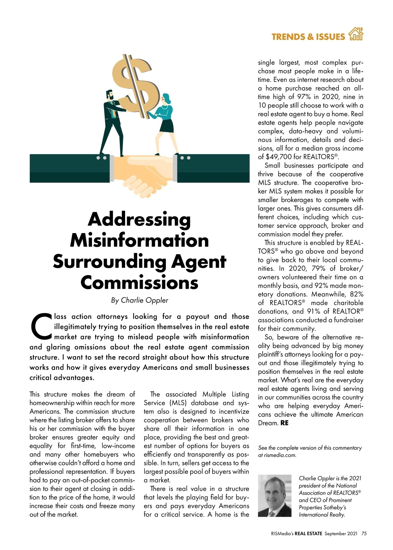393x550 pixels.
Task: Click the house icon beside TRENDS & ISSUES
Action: point(356,34)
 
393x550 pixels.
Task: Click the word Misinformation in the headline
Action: point(139,241)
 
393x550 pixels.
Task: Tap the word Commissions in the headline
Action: point(139,283)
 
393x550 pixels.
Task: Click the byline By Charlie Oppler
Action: point(140,300)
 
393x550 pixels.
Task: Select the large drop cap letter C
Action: point(41,327)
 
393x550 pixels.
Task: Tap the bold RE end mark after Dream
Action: point(284,423)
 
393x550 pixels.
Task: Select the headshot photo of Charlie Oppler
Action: point(274,496)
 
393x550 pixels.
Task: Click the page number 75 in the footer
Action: point(364,533)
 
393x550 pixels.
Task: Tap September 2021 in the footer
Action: point(341,533)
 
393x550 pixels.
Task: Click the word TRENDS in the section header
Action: point(287,37)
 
